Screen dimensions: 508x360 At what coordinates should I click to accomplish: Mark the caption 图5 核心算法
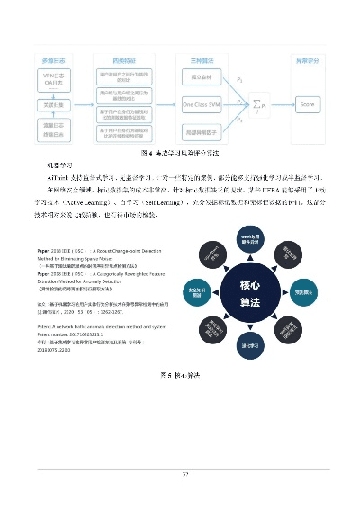(180, 372)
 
